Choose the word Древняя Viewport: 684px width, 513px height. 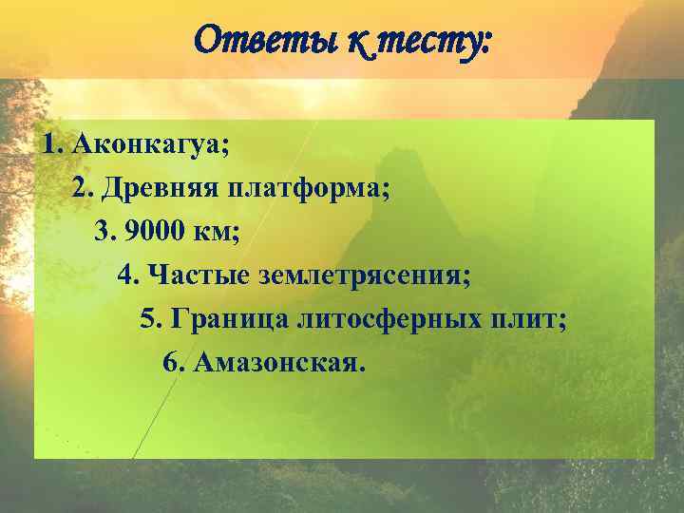(x=159, y=189)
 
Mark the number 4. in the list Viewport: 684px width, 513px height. (x=128, y=276)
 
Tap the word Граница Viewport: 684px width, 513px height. (x=228, y=320)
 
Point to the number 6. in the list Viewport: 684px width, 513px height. (x=173, y=364)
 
